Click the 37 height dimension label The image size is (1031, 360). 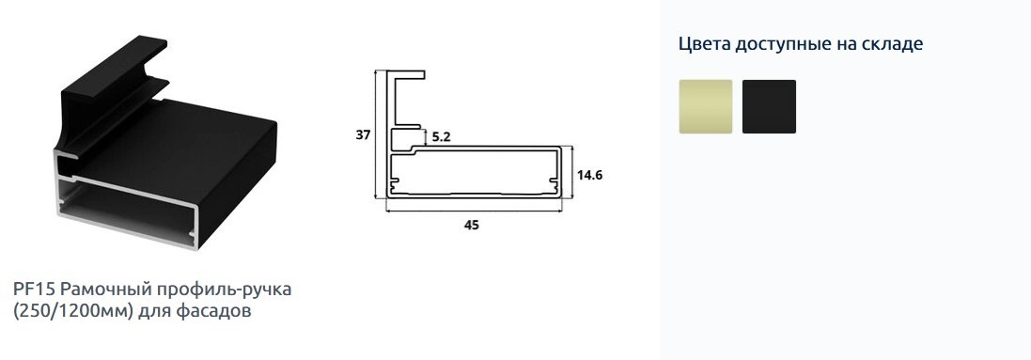pyautogui.click(x=363, y=135)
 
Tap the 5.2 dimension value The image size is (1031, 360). pyautogui.click(x=441, y=137)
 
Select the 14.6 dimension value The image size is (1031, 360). pyautogui.click(x=590, y=175)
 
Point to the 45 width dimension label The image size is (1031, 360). pyautogui.click(x=472, y=225)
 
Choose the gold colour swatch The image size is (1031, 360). pyautogui.click(x=706, y=106)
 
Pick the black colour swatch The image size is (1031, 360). pyautogui.click(x=770, y=106)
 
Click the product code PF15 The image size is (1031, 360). pyautogui.click(x=37, y=289)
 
